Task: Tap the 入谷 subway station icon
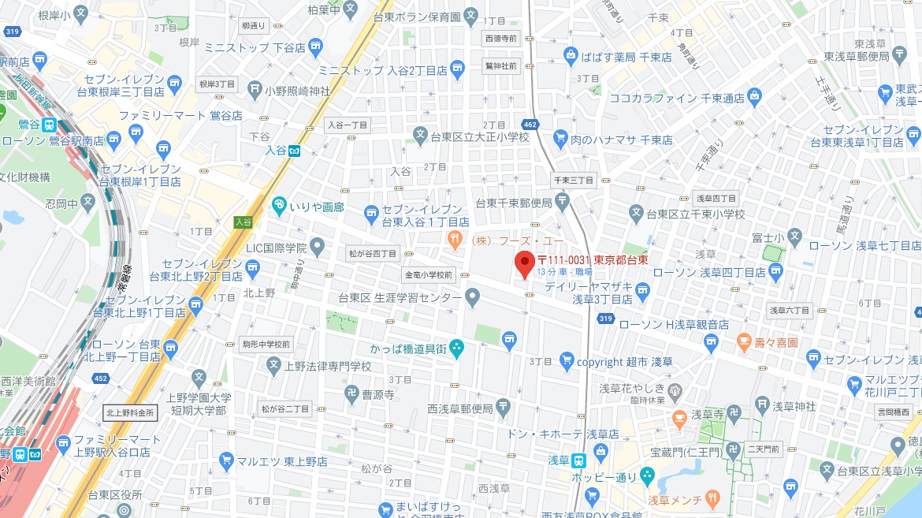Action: click(x=294, y=151)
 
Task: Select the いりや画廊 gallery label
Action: click(x=317, y=207)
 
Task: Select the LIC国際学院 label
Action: click(x=275, y=248)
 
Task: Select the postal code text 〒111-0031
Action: click(x=564, y=259)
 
